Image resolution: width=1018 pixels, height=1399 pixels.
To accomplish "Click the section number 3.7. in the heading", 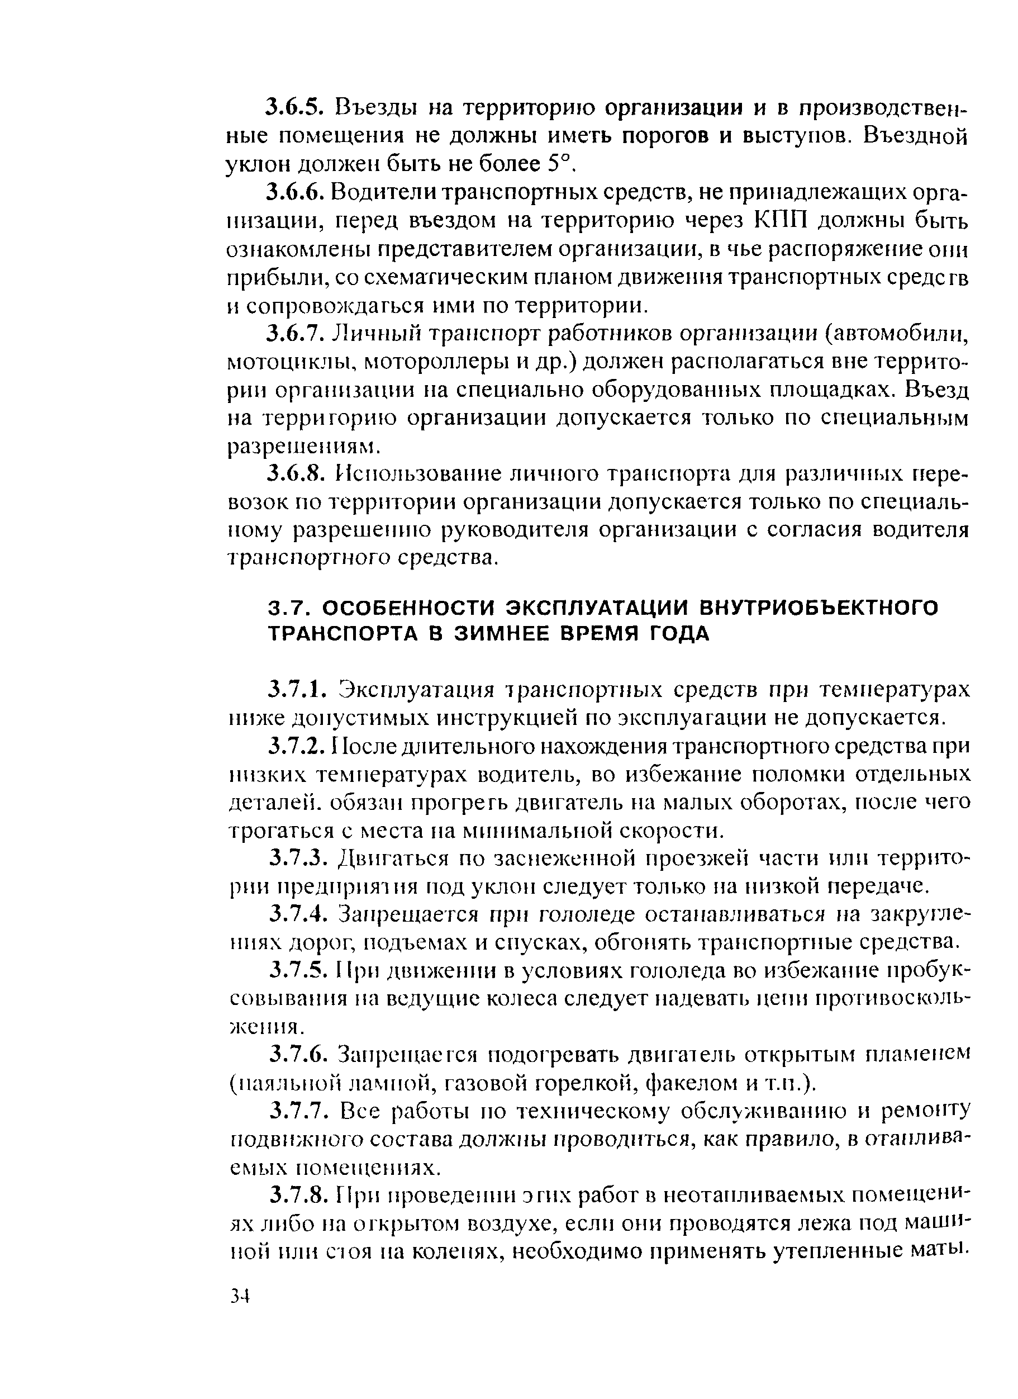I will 292,608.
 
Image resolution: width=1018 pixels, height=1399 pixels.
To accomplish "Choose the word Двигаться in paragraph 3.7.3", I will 398,859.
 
